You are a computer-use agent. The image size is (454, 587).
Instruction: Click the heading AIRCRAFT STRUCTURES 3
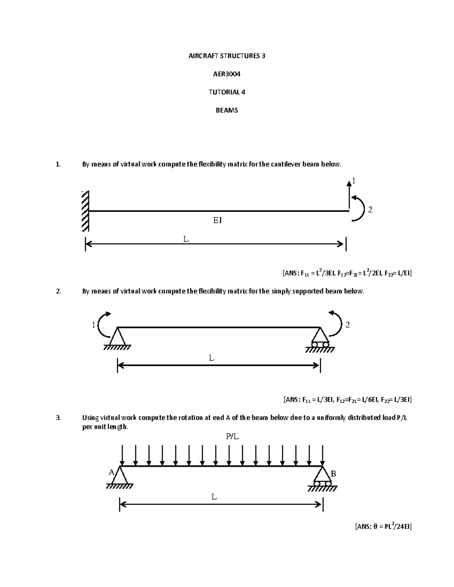point(227,56)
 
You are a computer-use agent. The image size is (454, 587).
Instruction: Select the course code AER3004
point(227,74)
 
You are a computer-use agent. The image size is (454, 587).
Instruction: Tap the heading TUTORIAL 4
point(227,92)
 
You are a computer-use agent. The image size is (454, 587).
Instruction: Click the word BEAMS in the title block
point(227,110)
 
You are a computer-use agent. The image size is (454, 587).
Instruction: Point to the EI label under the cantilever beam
point(217,220)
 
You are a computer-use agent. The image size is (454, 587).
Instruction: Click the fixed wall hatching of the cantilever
point(85,211)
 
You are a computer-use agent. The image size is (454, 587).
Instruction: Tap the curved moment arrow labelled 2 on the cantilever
point(359,208)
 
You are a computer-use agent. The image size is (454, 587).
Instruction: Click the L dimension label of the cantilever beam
point(186,239)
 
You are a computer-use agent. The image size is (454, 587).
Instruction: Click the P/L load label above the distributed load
point(233,437)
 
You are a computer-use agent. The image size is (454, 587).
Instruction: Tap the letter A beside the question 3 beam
point(111,472)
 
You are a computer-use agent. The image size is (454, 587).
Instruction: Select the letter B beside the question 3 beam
point(333,474)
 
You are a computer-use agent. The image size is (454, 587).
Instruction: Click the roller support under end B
point(322,479)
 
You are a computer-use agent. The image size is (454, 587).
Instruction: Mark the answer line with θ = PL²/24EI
point(383,526)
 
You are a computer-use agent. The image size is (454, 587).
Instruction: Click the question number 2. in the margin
point(58,291)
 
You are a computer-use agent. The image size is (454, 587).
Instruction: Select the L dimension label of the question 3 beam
point(214,497)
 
